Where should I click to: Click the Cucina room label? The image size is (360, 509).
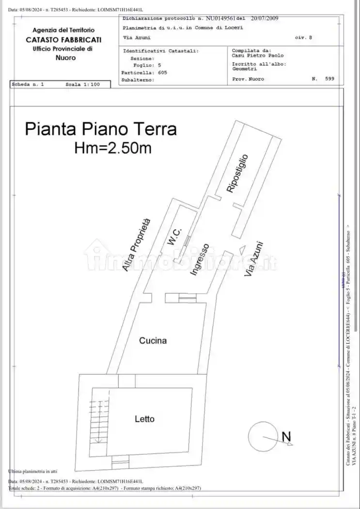tap(153, 341)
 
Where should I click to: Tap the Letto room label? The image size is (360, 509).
tap(144, 419)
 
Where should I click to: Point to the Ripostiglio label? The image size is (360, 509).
tap(238, 174)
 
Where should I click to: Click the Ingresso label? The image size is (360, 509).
tap(200, 260)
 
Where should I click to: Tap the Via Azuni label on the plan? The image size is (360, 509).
tap(253, 259)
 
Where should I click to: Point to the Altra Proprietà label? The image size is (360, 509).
tap(137, 245)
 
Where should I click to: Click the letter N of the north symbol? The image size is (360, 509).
tap(286, 436)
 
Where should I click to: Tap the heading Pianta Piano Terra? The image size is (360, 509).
tap(101, 129)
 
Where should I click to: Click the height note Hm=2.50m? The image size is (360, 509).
tap(112, 148)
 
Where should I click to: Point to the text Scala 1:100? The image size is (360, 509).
tap(82, 84)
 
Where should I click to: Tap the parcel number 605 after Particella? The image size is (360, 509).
tap(162, 72)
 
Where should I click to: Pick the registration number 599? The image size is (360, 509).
tap(330, 79)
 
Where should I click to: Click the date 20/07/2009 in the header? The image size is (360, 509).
tap(264, 18)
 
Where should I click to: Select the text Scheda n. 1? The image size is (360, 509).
tap(28, 84)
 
